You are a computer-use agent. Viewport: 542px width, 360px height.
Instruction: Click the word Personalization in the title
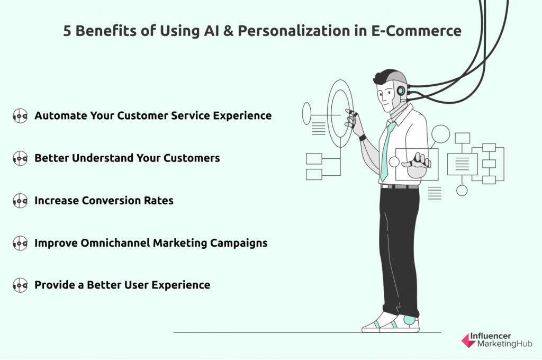pyautogui.click(x=294, y=31)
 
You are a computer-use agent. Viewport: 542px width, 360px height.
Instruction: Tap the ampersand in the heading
pyautogui.click(x=228, y=31)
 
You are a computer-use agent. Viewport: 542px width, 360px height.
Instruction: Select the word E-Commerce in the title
pyautogui.click(x=416, y=31)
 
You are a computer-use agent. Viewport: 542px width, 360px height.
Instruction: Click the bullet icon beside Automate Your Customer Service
pyautogui.click(x=20, y=116)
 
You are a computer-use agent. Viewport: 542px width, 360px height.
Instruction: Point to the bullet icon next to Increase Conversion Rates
pyautogui.click(x=20, y=201)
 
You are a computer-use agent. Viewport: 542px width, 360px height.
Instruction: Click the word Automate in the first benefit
pyautogui.click(x=61, y=115)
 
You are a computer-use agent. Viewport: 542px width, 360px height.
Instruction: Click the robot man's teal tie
pyautogui.click(x=387, y=151)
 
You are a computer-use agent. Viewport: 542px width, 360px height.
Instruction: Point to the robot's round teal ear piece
pyautogui.click(x=401, y=91)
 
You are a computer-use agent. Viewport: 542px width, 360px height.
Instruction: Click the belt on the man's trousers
pyautogui.click(x=399, y=187)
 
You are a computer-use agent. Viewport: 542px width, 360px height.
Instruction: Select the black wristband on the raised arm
pyautogui.click(x=362, y=138)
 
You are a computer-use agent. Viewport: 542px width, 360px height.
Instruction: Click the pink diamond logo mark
pyautogui.click(x=469, y=340)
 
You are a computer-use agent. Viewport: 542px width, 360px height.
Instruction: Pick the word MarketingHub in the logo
pyautogui.click(x=504, y=344)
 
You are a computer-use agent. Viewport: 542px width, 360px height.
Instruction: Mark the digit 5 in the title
pyautogui.click(x=67, y=31)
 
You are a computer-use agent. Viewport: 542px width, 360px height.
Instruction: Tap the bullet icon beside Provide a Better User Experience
pyautogui.click(x=20, y=285)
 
